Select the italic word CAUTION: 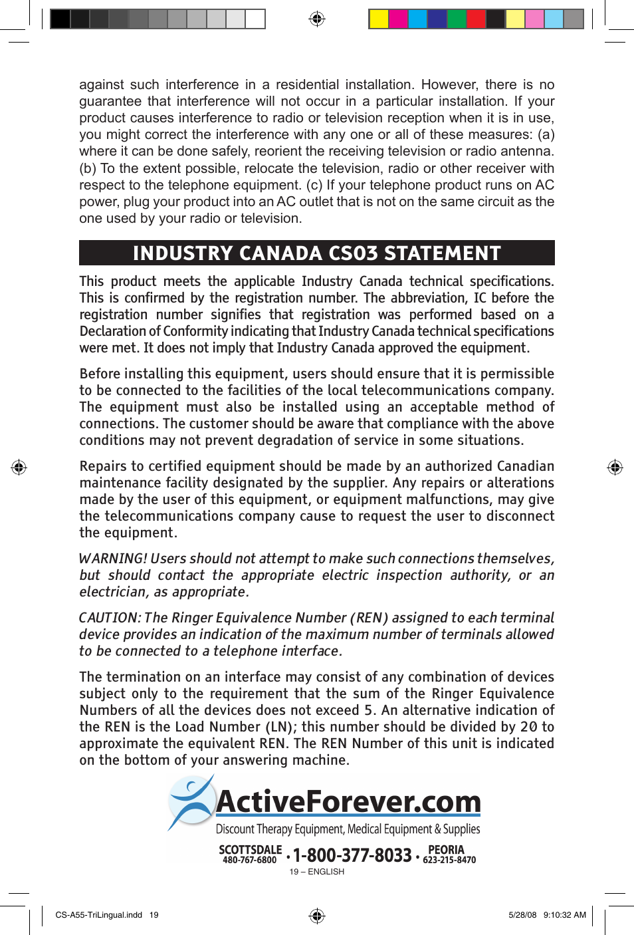109,618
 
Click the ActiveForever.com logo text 348,802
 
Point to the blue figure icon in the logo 191,802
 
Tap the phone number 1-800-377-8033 352,855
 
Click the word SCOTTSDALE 250,850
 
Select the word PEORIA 446,850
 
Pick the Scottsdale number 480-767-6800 249,861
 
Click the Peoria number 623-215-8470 449,860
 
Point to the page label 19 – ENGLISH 316,872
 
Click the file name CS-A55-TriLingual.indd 98,915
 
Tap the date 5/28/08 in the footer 522,915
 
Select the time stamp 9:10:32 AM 564,915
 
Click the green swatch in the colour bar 457,19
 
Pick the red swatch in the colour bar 476,19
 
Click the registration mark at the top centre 317,19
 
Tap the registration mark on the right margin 615,467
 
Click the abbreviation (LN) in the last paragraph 276,727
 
